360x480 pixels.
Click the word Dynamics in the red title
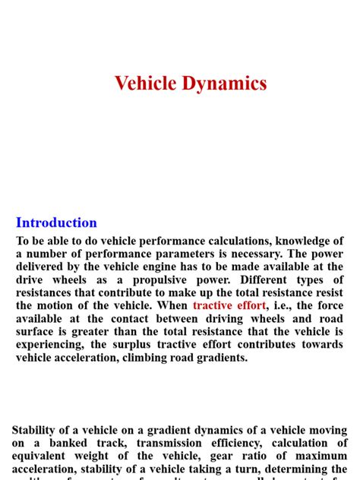226,84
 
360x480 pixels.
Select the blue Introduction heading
57,223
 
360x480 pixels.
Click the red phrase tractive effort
229,305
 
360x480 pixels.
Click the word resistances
46,292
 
